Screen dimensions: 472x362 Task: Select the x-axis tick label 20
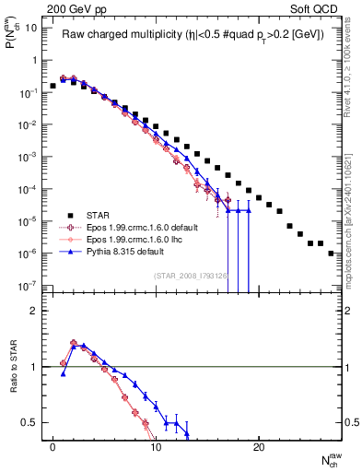[x=259, y=458]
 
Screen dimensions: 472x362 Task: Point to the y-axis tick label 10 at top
[x=31, y=28]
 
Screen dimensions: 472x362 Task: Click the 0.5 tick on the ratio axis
[x=29, y=422]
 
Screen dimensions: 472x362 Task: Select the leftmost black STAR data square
[x=53, y=86]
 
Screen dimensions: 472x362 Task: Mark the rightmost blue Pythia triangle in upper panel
[x=248, y=210]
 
